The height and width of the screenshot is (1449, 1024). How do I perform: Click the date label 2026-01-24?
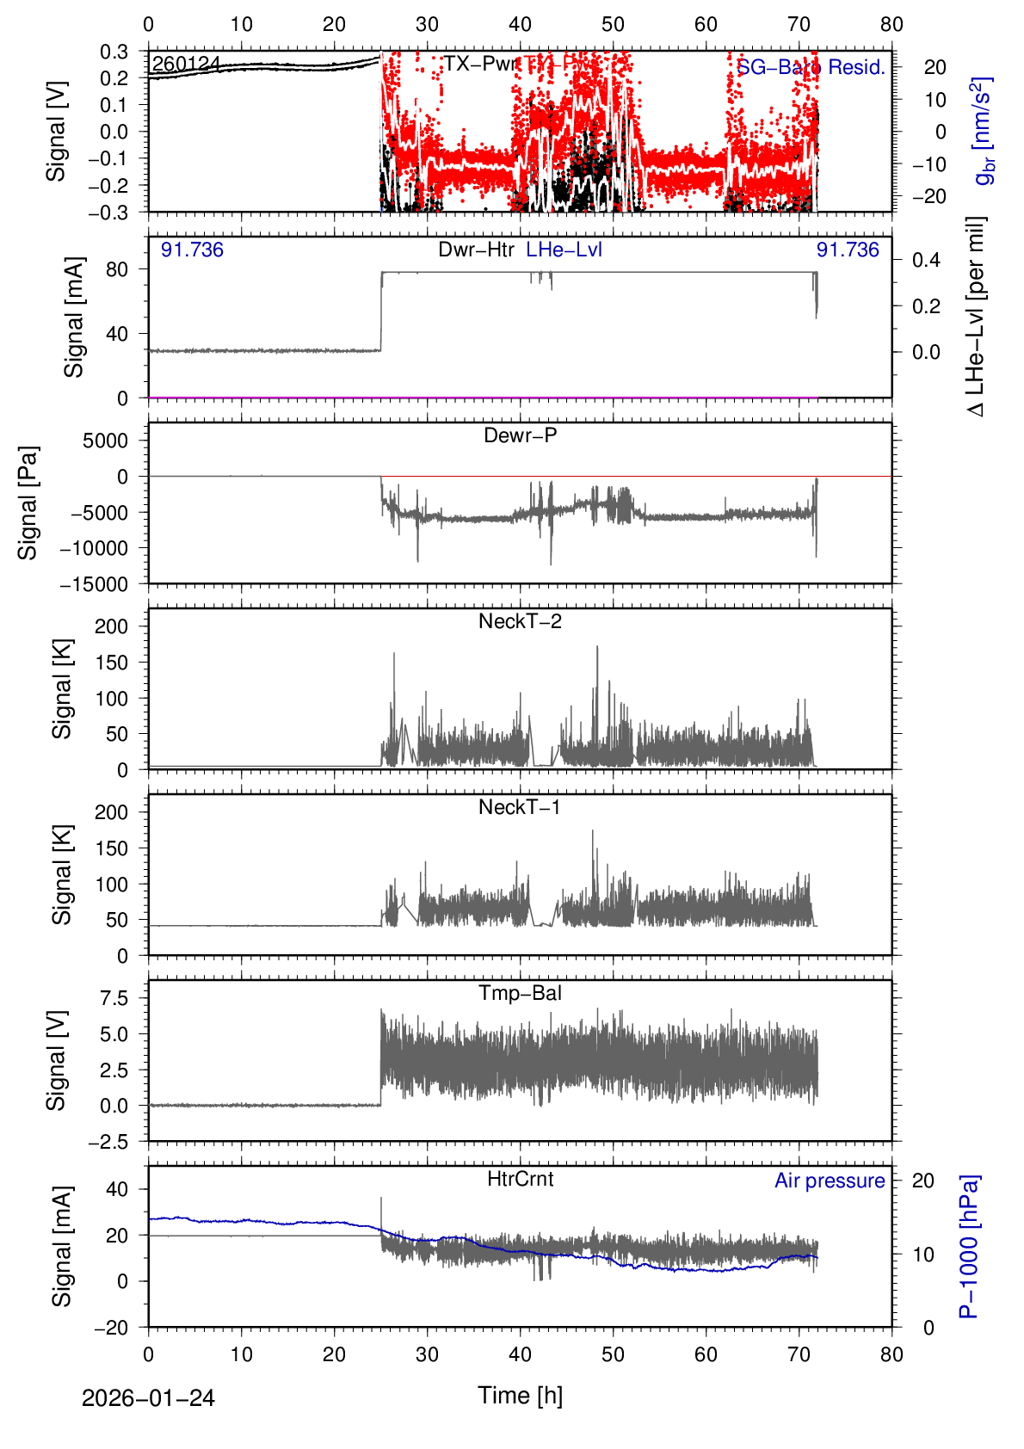point(148,1398)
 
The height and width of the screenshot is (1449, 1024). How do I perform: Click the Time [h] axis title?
point(520,1395)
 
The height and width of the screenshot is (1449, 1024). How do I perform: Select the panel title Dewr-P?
point(520,435)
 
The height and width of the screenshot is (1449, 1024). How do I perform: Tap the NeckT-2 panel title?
point(520,621)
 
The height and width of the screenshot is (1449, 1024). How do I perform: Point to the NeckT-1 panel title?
point(520,807)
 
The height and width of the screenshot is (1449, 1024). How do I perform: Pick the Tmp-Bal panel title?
point(520,993)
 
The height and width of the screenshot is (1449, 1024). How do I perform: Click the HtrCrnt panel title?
point(520,1179)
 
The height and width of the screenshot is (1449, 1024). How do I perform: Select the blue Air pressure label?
point(830,1181)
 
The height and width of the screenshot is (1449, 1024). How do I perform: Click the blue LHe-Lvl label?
point(564,250)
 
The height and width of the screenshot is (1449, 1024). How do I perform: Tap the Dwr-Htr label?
point(476,250)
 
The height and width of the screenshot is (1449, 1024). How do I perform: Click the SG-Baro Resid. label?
point(811,67)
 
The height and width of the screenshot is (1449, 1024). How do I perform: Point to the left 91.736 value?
point(192,250)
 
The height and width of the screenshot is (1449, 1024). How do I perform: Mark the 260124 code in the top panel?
point(186,65)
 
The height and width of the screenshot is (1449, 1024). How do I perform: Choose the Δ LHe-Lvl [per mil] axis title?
point(976,316)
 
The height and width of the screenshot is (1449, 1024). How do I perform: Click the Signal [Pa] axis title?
point(28,503)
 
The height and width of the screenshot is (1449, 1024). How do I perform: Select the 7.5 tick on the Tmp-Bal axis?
point(114,998)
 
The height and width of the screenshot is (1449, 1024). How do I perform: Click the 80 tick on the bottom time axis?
point(891,1354)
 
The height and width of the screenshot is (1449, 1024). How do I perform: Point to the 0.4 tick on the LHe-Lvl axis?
point(926,260)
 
